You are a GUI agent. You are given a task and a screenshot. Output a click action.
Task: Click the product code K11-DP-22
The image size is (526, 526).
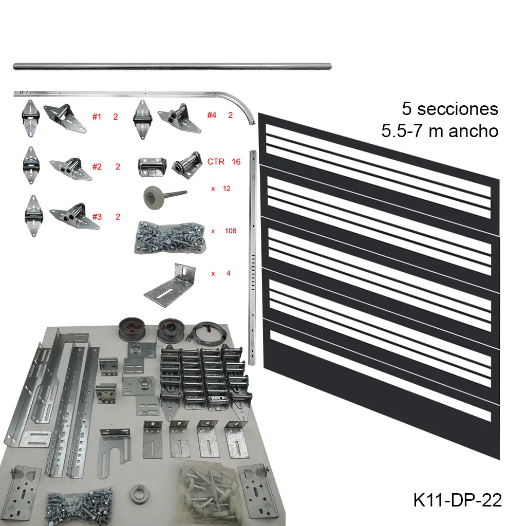(x=457, y=500)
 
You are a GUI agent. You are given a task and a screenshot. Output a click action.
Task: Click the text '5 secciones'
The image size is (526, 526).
(x=450, y=109)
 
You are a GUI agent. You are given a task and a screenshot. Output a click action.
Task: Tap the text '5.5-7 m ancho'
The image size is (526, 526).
(x=440, y=131)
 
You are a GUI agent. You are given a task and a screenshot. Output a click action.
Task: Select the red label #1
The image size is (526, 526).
(x=97, y=117)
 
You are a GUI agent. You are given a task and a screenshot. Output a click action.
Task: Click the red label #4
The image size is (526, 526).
(x=212, y=115)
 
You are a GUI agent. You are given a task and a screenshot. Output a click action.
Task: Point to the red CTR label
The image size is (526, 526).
(x=216, y=161)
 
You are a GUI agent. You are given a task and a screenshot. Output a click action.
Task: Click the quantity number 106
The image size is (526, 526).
(x=231, y=231)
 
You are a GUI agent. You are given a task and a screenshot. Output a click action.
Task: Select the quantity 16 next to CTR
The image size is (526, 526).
(x=236, y=161)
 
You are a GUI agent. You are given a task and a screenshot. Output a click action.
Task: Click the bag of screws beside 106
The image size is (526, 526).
(x=169, y=237)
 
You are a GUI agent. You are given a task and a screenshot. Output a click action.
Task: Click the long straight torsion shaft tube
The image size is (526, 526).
(x=172, y=66)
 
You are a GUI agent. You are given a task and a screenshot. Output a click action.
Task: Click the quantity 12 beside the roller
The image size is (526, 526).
(x=227, y=189)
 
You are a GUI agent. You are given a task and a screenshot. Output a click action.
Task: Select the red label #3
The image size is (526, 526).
(x=97, y=216)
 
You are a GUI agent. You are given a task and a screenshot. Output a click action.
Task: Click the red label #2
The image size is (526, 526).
(x=97, y=166)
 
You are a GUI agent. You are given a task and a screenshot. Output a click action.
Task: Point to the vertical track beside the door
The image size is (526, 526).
(x=252, y=257)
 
